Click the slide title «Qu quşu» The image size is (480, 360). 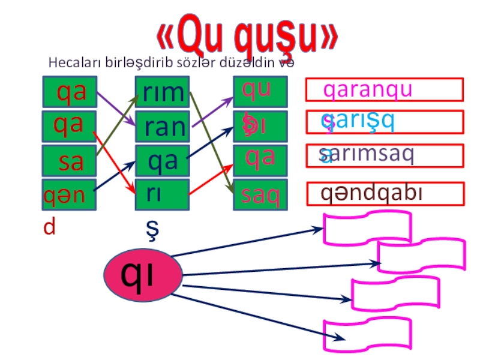coord(248,37)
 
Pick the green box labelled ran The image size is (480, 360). coord(163,126)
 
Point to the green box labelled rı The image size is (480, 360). coord(163,193)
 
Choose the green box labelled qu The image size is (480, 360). coord(260,91)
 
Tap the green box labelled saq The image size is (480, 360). coord(260,194)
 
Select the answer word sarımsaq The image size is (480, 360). coord(367,155)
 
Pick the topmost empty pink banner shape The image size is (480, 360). coord(367,227)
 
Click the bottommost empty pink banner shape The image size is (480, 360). coord(367,334)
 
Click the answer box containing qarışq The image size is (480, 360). coord(384,122)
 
